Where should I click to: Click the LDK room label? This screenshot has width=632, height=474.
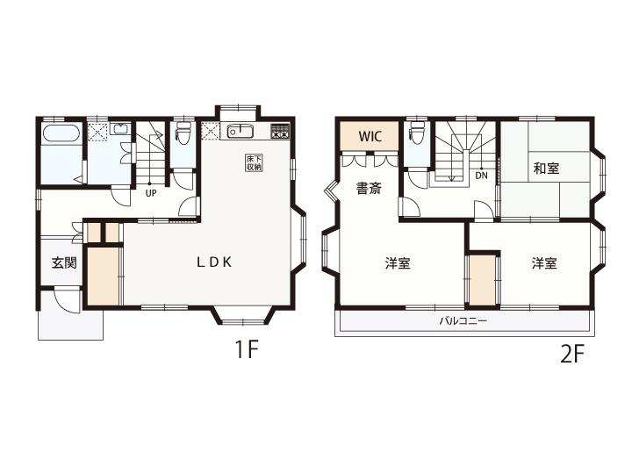click(x=214, y=262)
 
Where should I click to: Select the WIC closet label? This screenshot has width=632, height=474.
click(x=370, y=136)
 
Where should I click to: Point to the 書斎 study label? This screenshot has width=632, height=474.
click(x=369, y=188)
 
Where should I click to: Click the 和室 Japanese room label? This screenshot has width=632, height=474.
click(x=546, y=168)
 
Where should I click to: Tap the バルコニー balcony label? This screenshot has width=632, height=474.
click(x=463, y=321)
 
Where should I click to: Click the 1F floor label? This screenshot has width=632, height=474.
click(x=247, y=349)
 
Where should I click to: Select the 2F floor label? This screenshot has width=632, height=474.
click(x=572, y=354)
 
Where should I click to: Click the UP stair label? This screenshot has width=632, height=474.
click(x=151, y=193)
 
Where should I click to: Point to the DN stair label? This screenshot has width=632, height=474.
click(x=481, y=176)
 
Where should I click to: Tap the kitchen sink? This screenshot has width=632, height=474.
click(x=240, y=131)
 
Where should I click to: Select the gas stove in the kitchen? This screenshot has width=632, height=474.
click(x=280, y=131)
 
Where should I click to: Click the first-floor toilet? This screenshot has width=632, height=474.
click(x=183, y=134)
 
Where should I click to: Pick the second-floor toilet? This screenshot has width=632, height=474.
click(x=415, y=133)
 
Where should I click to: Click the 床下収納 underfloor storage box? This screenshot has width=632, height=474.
click(x=254, y=162)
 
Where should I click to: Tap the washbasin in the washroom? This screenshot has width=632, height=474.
click(x=119, y=129)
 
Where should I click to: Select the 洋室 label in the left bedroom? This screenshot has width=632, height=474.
click(x=398, y=263)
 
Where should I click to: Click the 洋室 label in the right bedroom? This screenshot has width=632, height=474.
click(x=544, y=263)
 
